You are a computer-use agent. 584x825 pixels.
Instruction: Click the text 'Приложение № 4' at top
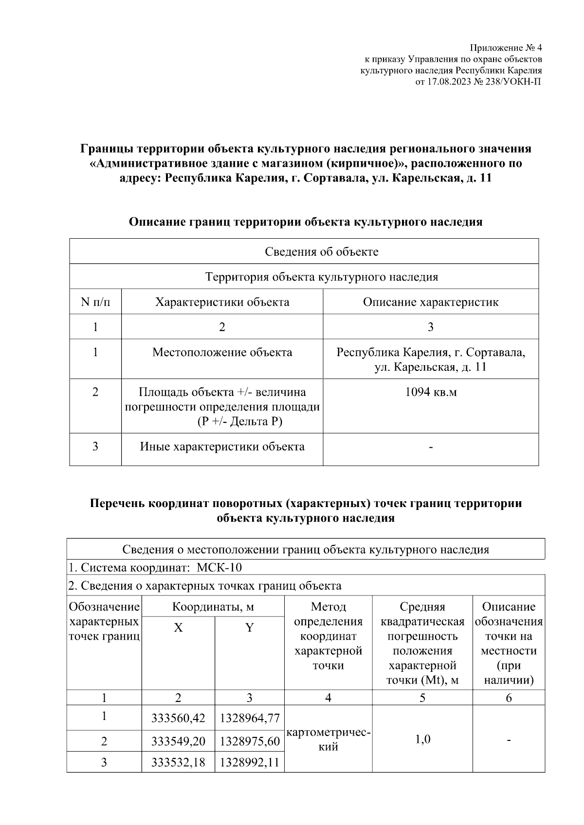coord(505,48)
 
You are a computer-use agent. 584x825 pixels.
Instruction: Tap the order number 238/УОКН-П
coord(513,81)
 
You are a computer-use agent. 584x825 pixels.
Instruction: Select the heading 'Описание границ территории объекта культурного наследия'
coord(305,222)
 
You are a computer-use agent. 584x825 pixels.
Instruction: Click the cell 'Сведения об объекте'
coord(321,251)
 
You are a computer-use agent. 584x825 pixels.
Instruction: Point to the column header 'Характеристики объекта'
coord(222,302)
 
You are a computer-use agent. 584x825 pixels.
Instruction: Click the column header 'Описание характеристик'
coord(430,302)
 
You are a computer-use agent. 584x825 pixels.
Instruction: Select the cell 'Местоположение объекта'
coord(222,352)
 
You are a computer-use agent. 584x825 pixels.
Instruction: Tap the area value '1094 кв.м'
coord(430,392)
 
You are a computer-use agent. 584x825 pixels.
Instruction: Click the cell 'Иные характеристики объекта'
coord(222,446)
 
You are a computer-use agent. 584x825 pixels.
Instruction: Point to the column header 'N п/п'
coord(95,302)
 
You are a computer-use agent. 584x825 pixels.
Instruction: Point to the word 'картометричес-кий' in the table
coord(328,739)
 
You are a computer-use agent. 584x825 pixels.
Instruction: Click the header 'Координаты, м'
coord(213,606)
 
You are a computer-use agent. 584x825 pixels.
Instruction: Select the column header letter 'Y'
coord(249,628)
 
